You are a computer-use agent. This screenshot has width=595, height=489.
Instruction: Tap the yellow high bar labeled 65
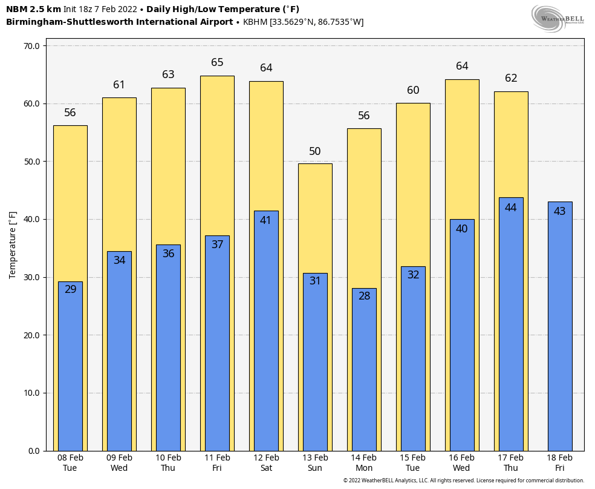pyautogui.click(x=217, y=151)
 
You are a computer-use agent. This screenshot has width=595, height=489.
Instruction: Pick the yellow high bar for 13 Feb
pyautogui.click(x=315, y=218)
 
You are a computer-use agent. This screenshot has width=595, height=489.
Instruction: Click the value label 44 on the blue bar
pyautogui.click(x=510, y=208)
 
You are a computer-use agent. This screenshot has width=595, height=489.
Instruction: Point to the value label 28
pyautogui.click(x=364, y=297)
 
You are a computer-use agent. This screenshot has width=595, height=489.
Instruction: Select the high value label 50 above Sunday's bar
pyautogui.click(x=315, y=151)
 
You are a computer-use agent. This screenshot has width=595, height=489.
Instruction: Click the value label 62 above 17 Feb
pyautogui.click(x=511, y=78)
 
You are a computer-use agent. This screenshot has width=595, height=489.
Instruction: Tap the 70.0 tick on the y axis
pyautogui.click(x=31, y=46)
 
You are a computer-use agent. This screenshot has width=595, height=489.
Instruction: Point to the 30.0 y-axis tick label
pyautogui.click(x=31, y=278)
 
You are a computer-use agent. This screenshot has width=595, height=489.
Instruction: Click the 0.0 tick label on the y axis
pyautogui.click(x=33, y=451)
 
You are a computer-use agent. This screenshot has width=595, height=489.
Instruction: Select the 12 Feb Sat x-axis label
pyautogui.click(x=266, y=463)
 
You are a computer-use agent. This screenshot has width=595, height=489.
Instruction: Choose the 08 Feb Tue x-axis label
pyautogui.click(x=70, y=463)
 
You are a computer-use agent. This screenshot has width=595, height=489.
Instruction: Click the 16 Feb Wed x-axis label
pyautogui.click(x=461, y=463)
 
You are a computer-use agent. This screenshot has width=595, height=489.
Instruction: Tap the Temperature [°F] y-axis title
pyautogui.click(x=13, y=245)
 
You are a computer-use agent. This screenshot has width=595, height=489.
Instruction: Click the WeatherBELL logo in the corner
pyautogui.click(x=558, y=18)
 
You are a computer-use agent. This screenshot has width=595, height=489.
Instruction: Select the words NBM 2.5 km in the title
pyautogui.click(x=33, y=9)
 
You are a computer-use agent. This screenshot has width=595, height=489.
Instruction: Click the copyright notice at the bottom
pyautogui.click(x=463, y=481)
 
